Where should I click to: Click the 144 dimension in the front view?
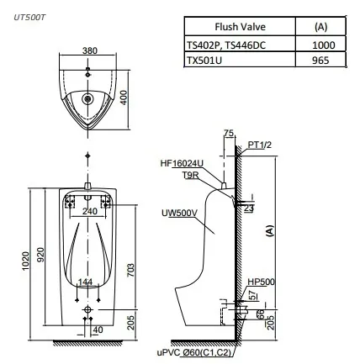point(85,281)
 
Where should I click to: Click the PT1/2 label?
point(259,145)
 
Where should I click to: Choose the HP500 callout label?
point(260,282)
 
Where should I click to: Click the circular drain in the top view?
point(88,99)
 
